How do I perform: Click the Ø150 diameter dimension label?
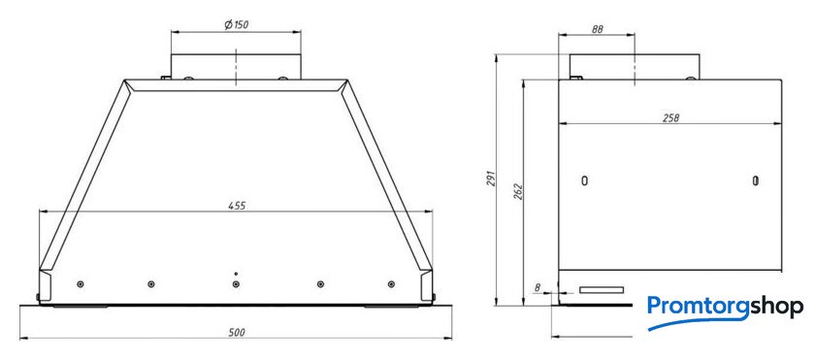[x=236, y=25]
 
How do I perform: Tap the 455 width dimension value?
[x=237, y=206]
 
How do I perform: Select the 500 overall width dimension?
[x=237, y=333]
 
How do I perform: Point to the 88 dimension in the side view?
[x=597, y=30]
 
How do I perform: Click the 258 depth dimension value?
[x=670, y=118]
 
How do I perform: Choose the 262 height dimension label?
[x=518, y=191]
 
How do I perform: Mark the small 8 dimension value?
[x=538, y=288]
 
